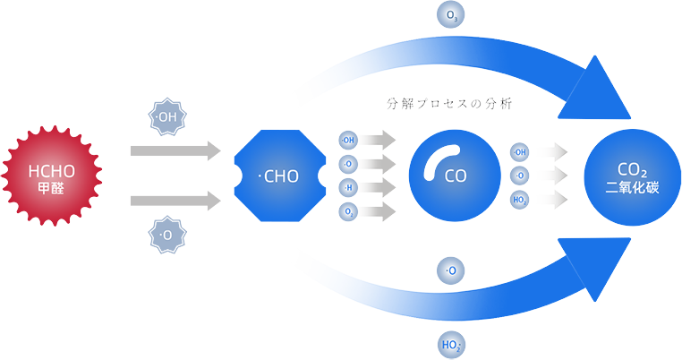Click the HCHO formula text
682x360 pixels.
tap(51, 171)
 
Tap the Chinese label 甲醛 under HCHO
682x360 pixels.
tap(51, 189)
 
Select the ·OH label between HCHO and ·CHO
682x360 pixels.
tap(166, 116)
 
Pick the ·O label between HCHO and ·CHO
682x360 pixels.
tap(166, 236)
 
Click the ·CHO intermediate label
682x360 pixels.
tap(278, 176)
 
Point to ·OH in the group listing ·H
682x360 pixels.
tap(348, 141)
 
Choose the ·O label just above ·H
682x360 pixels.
tap(348, 164)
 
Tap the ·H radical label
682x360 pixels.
tap(348, 187)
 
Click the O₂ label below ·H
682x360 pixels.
tap(348, 211)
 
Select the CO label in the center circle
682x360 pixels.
tap(456, 176)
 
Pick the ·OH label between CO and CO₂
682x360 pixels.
tap(520, 152)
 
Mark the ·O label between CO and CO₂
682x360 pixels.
tap(520, 176)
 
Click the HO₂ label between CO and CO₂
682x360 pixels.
tap(520, 200)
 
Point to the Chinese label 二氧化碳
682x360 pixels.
tap(632, 189)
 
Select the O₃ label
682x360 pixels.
tap(452, 15)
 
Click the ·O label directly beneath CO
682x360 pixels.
tap(451, 270)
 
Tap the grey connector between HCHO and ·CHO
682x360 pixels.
tap(166, 176)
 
